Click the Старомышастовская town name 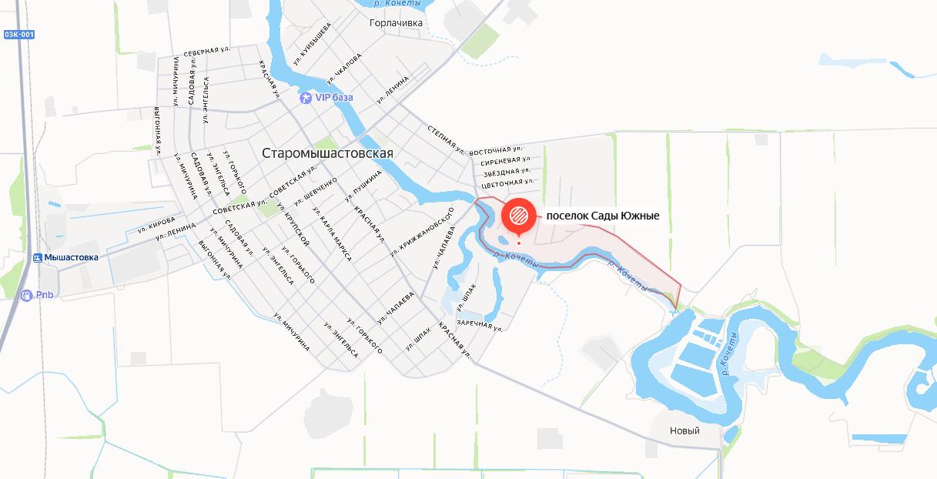click(x=327, y=153)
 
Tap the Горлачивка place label click(x=396, y=23)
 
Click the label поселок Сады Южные click(x=603, y=216)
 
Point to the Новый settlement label click(x=684, y=430)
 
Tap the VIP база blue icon click(x=306, y=98)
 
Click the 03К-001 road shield click(x=19, y=35)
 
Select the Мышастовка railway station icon click(x=38, y=257)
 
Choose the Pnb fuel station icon click(x=27, y=295)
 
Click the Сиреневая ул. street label click(x=505, y=160)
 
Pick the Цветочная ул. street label click(x=507, y=183)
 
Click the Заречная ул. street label click(x=480, y=324)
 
